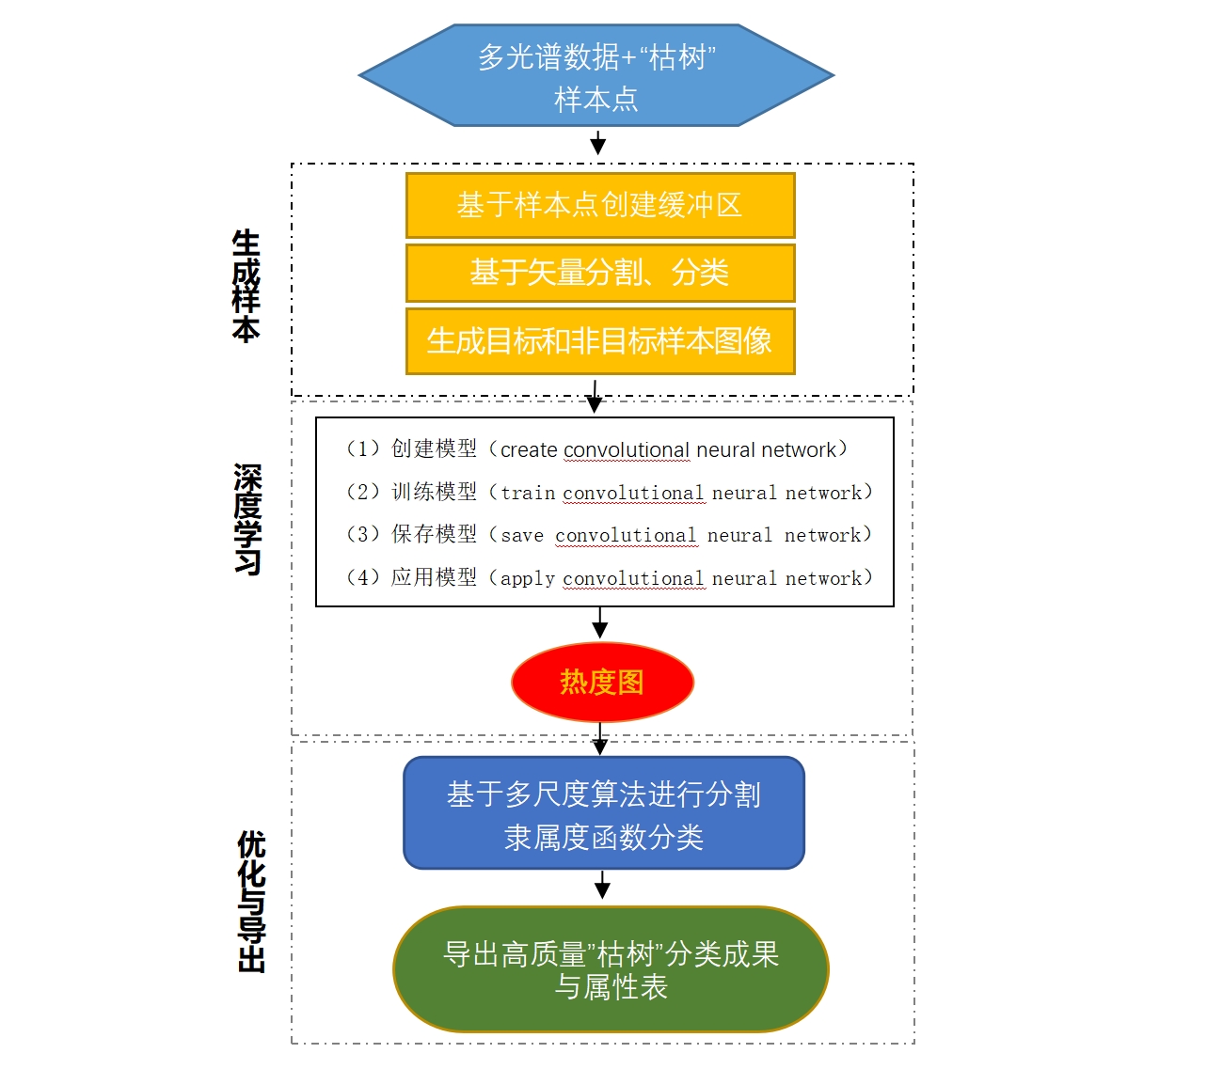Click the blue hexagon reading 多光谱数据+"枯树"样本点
(x=596, y=75)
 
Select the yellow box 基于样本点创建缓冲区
(x=600, y=205)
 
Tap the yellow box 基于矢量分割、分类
(x=600, y=273)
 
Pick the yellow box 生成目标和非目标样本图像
(x=600, y=340)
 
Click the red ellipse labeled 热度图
(x=602, y=682)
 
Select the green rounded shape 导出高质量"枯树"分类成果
(x=611, y=969)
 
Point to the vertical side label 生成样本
(x=246, y=286)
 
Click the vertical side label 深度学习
(x=247, y=518)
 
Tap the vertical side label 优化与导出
(x=251, y=901)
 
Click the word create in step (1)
(x=529, y=450)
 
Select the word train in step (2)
(x=528, y=493)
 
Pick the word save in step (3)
(x=522, y=536)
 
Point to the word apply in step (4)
(x=528, y=578)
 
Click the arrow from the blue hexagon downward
(x=597, y=143)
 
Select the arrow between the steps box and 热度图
(x=600, y=623)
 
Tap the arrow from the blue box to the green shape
(x=603, y=886)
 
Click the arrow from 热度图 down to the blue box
(x=600, y=740)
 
